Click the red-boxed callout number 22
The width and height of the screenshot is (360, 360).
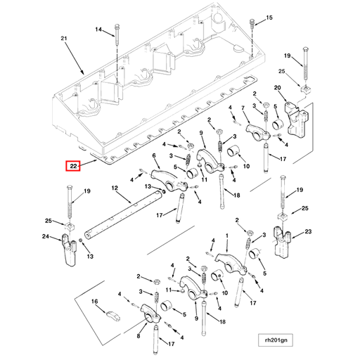click(73, 167)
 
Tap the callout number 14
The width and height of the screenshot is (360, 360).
click(98, 30)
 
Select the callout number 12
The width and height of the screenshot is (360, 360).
click(114, 188)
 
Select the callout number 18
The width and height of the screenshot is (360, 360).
click(236, 195)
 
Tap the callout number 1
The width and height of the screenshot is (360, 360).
click(226, 237)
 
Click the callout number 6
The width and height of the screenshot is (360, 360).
click(154, 156)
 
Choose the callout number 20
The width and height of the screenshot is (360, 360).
click(277, 89)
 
